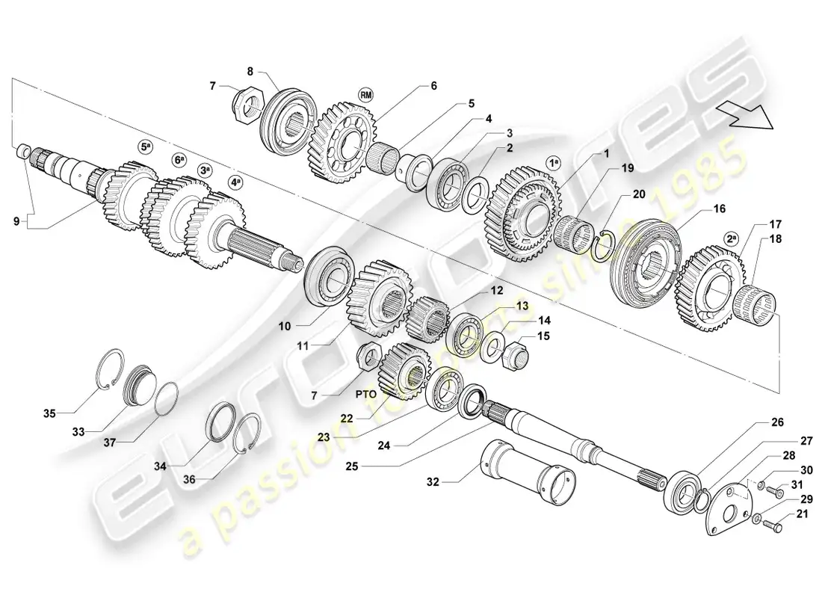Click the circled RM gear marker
365,94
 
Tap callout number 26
778,422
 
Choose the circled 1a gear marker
553,161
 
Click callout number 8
250,72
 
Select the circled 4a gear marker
236,182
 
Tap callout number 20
638,194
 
